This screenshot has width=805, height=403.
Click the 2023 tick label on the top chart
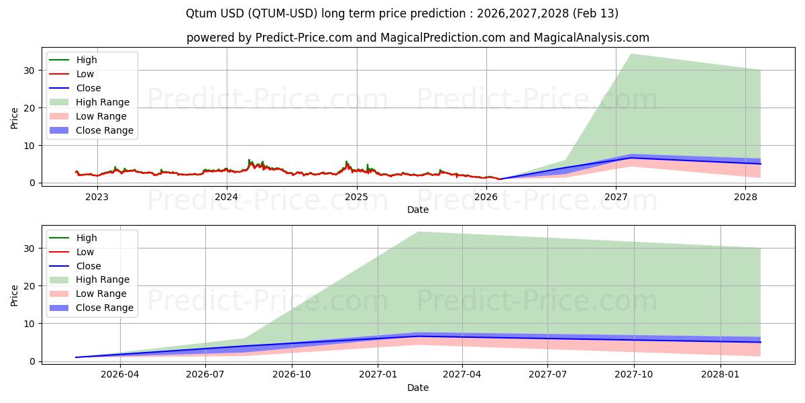tap(97, 197)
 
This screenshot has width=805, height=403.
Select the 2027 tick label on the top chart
tap(616, 197)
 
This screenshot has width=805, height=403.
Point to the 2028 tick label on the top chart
tap(745, 197)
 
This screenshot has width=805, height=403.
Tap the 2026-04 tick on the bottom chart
tap(120, 375)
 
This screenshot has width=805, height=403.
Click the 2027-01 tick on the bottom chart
tap(378, 375)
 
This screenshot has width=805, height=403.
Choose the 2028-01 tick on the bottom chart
tap(720, 375)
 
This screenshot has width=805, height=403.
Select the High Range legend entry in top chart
tap(103, 102)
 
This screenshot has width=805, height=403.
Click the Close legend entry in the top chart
tap(89, 88)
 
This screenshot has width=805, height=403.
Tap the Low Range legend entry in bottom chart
tap(101, 294)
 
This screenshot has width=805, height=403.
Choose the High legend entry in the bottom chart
tap(87, 238)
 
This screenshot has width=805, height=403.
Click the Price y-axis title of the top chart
tap(15, 118)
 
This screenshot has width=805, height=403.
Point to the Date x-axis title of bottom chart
tap(418, 388)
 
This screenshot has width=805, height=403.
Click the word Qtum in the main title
tap(200, 13)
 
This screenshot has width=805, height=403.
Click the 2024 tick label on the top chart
tap(227, 197)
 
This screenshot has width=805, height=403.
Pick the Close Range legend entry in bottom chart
tap(104, 308)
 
